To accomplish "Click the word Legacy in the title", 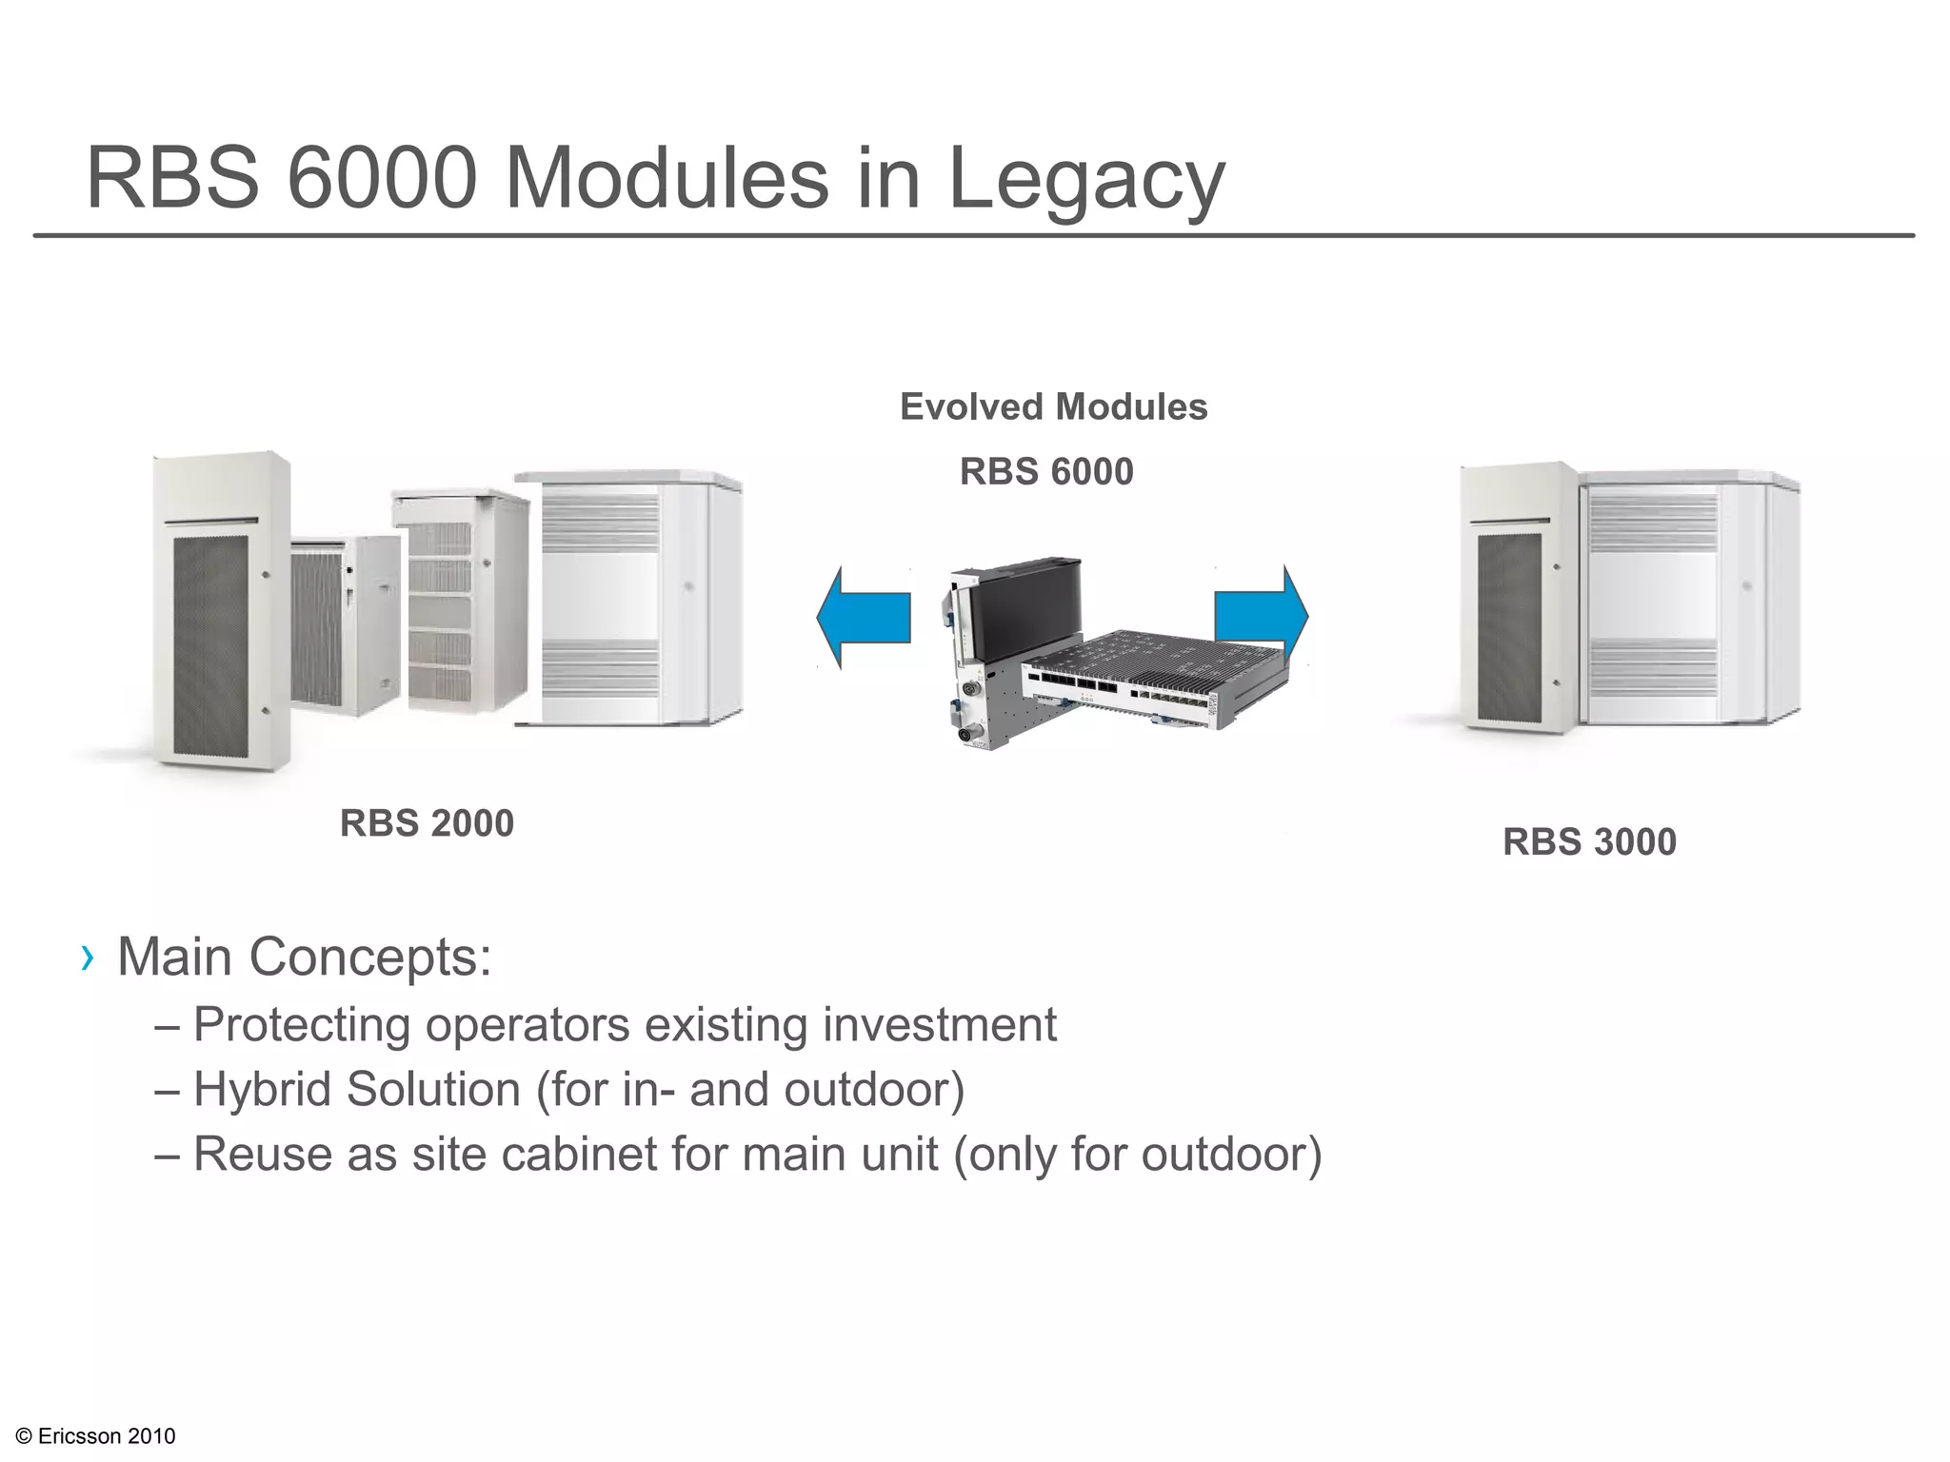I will (x=1085, y=181).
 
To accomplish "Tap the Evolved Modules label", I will (x=1053, y=407).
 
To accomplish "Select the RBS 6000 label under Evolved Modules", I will (x=1045, y=472).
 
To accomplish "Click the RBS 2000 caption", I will (x=427, y=823).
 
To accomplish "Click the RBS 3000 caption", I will (x=1589, y=842).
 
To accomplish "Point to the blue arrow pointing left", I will (x=862, y=619).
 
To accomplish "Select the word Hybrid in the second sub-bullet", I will (x=261, y=1090).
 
